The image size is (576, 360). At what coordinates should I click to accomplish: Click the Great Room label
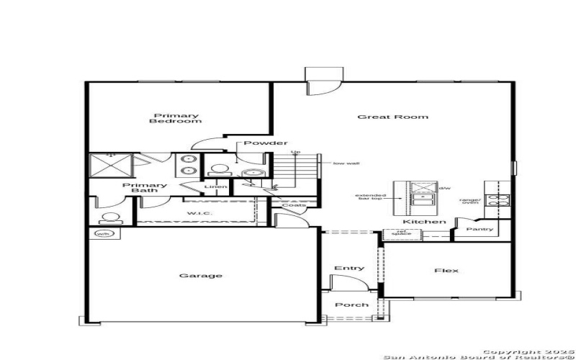pos(393,117)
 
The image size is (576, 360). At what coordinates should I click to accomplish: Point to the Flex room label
pos(446,271)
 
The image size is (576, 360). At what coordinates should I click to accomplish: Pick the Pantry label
pos(479,230)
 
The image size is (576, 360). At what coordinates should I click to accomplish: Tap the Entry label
pos(349,269)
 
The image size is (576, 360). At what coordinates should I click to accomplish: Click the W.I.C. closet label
pos(197,214)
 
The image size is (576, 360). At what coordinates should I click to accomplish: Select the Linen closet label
pos(216,187)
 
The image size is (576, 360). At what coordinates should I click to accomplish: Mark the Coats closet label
pos(294,206)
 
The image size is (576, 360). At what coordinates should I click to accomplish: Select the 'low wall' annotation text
pos(346,163)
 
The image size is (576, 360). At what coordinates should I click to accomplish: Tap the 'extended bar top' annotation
pos(371,199)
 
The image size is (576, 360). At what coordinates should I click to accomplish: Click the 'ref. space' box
pos(396,233)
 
